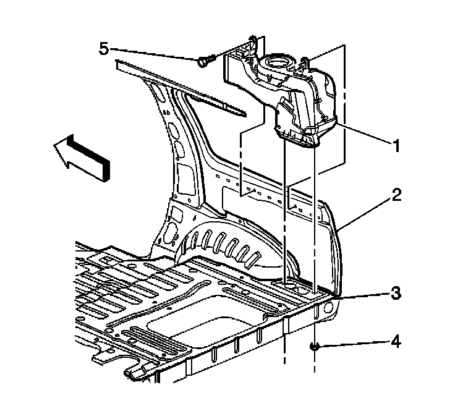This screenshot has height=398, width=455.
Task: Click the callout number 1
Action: [396, 146]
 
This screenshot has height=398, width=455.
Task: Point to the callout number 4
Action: [396, 341]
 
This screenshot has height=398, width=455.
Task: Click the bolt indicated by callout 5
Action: [206, 60]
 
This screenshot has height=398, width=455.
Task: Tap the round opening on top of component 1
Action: [275, 62]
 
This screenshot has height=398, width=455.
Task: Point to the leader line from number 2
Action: [365, 213]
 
